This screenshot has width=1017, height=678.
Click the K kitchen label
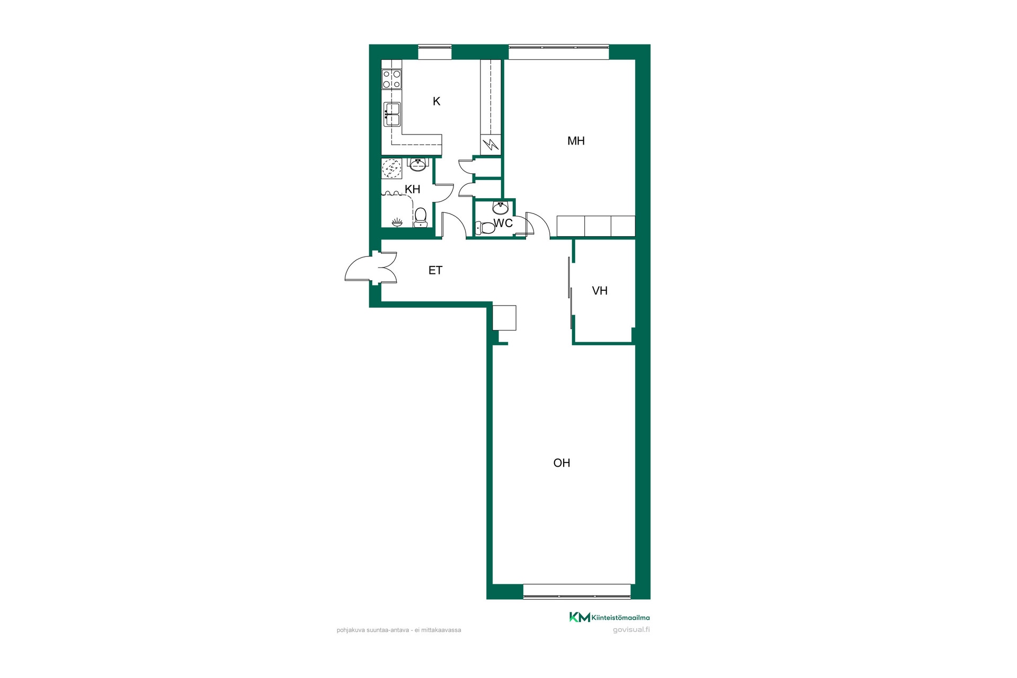click(x=436, y=101)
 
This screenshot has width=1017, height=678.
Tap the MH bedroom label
click(x=576, y=141)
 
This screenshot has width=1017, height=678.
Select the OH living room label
click(x=561, y=463)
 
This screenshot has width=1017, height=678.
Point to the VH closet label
click(x=600, y=291)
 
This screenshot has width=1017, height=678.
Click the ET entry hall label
click(x=435, y=271)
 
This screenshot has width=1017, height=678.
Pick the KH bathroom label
click(x=412, y=189)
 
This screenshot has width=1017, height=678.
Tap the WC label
click(x=503, y=223)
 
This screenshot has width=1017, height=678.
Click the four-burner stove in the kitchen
click(x=392, y=79)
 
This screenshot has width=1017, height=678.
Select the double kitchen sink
click(x=392, y=114)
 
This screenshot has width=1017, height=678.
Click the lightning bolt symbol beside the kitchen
click(x=491, y=144)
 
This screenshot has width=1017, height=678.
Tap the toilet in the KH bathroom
click(x=421, y=217)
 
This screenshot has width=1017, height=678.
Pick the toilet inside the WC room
click(x=485, y=228)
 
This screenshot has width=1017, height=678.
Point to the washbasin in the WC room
click(x=501, y=207)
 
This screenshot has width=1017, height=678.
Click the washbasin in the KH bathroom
click(x=418, y=164)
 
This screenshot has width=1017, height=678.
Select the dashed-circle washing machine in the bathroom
click(x=392, y=169)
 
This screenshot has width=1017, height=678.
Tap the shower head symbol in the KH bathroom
click(x=397, y=223)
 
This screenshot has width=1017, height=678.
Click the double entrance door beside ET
click(x=371, y=268)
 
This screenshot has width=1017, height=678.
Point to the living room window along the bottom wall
click(x=577, y=592)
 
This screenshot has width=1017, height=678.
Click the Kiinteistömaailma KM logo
click(x=609, y=617)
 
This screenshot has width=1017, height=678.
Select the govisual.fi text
click(x=631, y=630)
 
